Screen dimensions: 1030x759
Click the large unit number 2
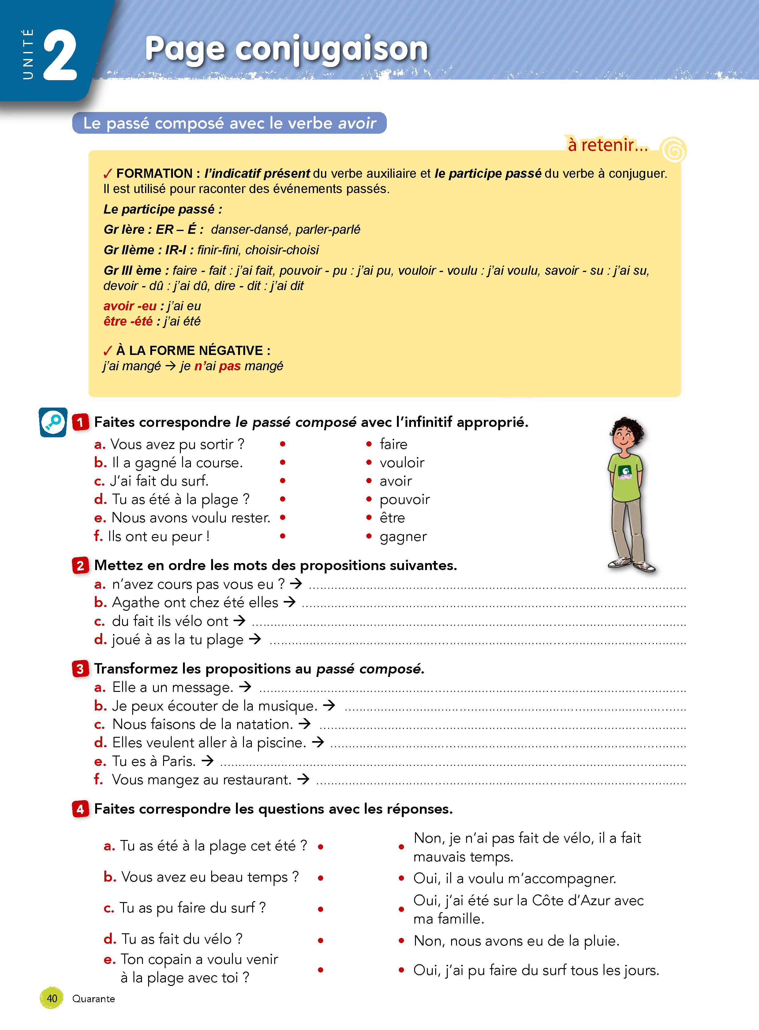click(x=60, y=56)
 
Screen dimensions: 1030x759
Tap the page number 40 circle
click(x=52, y=998)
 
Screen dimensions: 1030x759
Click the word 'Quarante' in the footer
click(x=93, y=999)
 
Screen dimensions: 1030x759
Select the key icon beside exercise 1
click(x=53, y=422)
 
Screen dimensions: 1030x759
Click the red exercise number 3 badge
click(x=80, y=669)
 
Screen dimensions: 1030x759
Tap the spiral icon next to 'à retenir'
click(x=673, y=149)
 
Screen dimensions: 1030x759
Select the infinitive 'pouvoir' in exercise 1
click(x=404, y=499)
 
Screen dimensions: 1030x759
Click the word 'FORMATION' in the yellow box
click(x=154, y=174)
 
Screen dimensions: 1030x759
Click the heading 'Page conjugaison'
click(x=286, y=49)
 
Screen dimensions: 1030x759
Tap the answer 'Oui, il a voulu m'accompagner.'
click(x=514, y=879)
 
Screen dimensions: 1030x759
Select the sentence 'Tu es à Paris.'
click(x=154, y=761)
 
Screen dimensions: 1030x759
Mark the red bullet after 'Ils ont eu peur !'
click(x=282, y=536)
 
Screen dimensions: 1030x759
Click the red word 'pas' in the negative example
click(x=230, y=366)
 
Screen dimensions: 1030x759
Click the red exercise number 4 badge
click(x=80, y=809)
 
